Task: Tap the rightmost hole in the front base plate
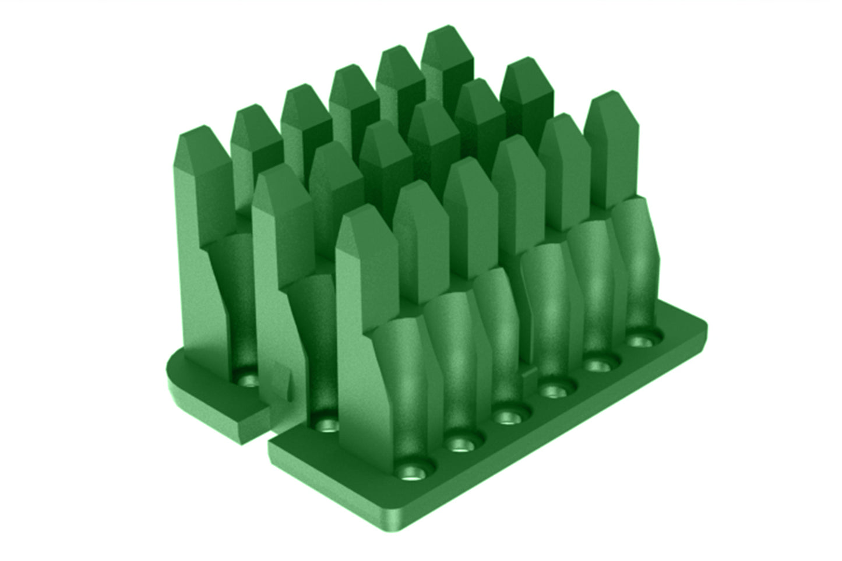coord(643,340)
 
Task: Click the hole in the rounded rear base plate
coord(249,380)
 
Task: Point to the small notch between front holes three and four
coord(529,373)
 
